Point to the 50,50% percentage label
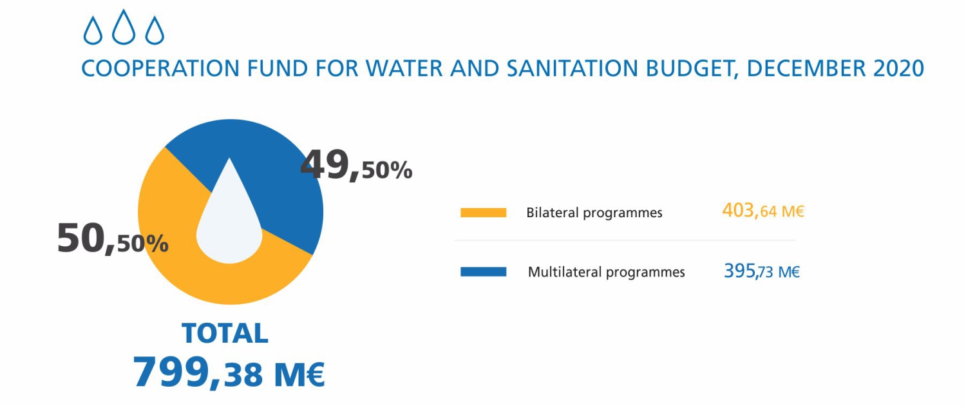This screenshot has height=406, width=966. [x=113, y=238]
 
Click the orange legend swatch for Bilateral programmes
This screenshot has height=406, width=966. [x=483, y=213]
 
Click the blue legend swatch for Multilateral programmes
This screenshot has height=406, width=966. [x=483, y=272]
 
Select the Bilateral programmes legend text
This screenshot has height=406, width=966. [x=594, y=213]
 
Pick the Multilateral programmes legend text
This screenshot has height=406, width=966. [x=606, y=272]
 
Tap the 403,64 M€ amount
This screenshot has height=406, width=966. [x=763, y=211]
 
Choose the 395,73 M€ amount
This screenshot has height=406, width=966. [x=762, y=271]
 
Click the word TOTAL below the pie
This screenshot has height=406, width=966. [x=225, y=333]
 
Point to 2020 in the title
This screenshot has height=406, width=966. [x=898, y=68]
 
